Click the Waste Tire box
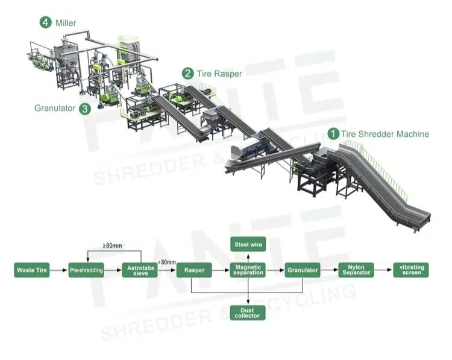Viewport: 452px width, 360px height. (31, 270)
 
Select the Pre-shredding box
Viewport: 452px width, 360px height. (86, 270)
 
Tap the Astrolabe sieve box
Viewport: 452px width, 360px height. (140, 270)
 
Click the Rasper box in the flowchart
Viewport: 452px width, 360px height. (194, 270)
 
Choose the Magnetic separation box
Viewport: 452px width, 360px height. (248, 270)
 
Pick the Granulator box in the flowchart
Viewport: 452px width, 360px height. (302, 270)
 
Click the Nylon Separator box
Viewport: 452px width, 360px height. (356, 270)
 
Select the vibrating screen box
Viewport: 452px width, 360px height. (410, 270)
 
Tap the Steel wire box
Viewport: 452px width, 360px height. (248, 244)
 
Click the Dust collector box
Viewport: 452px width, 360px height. (248, 312)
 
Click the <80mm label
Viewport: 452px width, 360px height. (166, 262)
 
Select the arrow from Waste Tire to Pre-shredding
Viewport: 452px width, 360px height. (58, 270)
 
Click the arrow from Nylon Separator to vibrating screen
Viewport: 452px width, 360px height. (383, 270)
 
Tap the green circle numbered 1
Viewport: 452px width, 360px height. (333, 134)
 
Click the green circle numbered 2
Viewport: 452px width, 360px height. (188, 74)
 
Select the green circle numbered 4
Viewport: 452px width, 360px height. (46, 22)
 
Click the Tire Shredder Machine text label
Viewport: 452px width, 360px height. (385, 134)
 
